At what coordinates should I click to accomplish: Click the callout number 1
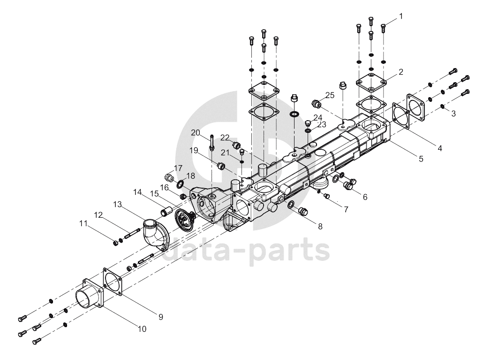(401, 16)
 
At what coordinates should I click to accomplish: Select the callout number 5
(421, 159)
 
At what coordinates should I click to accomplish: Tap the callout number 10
(142, 329)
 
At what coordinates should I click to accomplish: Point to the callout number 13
(117, 205)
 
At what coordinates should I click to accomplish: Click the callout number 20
(196, 133)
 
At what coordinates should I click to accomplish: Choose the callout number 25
(330, 95)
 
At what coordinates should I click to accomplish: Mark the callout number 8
(320, 226)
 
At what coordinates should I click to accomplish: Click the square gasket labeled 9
(113, 281)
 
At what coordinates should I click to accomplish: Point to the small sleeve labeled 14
(166, 211)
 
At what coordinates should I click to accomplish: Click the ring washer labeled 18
(181, 184)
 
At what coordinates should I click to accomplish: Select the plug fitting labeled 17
(170, 177)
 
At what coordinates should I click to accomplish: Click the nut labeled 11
(115, 242)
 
